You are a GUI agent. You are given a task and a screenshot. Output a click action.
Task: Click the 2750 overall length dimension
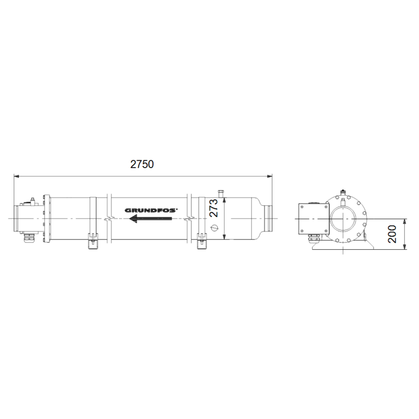142,164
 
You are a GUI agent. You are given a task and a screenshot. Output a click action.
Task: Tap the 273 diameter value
214,208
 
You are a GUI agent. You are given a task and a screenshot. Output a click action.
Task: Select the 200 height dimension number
392,234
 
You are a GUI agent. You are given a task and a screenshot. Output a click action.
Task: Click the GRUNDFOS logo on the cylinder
150,211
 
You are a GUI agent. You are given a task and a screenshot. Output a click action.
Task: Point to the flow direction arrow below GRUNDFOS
150,218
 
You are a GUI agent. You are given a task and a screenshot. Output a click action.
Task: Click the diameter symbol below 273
214,228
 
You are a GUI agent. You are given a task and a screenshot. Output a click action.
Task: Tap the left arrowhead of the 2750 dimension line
16,177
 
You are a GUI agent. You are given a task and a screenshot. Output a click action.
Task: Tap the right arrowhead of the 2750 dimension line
269,177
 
